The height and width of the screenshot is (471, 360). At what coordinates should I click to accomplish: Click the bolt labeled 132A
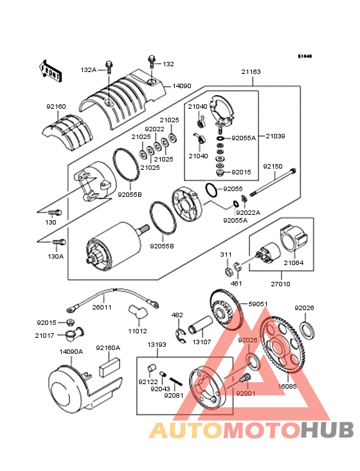click(x=109, y=66)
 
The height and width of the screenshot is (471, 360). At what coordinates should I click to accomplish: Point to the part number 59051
click(x=258, y=304)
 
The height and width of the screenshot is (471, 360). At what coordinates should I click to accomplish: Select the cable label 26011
click(x=101, y=307)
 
